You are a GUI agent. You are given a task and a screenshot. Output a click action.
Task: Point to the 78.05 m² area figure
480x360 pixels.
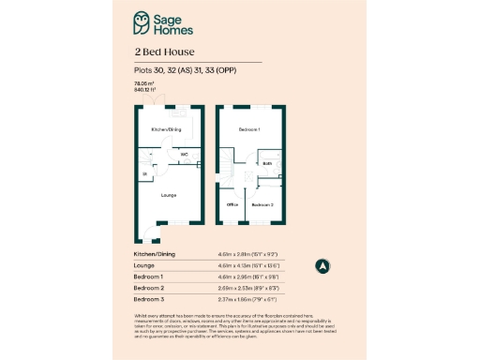point(142,84)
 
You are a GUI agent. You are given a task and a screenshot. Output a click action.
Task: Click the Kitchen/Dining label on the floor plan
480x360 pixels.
point(167,128)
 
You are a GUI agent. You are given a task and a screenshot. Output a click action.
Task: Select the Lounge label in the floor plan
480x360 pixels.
point(168,195)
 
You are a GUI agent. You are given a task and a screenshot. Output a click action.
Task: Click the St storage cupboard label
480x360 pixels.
point(144,174)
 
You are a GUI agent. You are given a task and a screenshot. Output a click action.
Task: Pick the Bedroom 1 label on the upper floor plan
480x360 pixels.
point(248,128)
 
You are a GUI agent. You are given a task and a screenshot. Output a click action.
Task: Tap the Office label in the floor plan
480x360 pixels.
point(233,203)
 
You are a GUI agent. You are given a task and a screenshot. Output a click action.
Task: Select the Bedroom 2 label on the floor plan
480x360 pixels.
point(262,203)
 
